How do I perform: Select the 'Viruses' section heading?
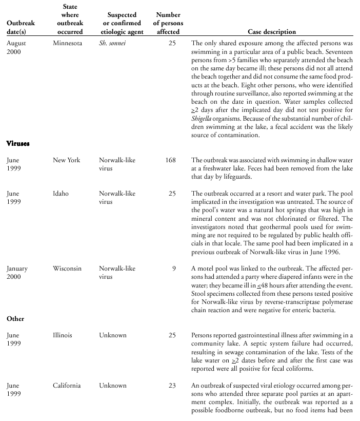[x=18, y=144]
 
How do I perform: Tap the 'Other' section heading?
[x=15, y=319]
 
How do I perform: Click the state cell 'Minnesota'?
[x=67, y=44]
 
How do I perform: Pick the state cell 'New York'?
[x=67, y=160]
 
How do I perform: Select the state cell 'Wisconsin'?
[x=67, y=269]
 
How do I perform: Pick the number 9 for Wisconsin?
[x=173, y=269]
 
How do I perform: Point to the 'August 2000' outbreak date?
[x=16, y=48]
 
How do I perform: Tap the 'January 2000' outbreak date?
[x=17, y=273]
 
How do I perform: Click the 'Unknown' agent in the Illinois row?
[x=112, y=335]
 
